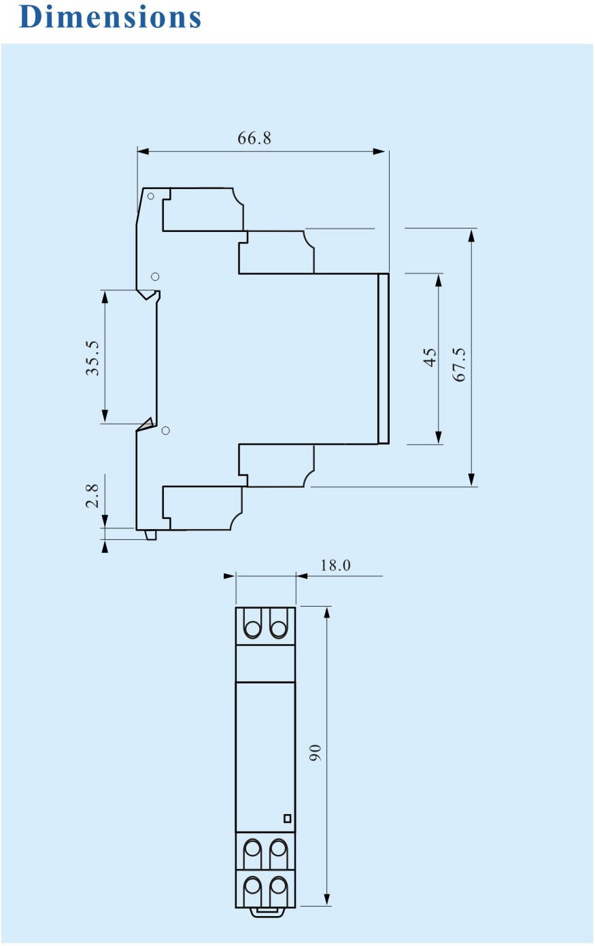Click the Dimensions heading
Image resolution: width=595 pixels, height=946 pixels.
pyautogui.click(x=110, y=17)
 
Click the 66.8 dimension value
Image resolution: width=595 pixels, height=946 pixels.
pyautogui.click(x=254, y=138)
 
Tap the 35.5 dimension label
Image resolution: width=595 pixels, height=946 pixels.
pyautogui.click(x=92, y=358)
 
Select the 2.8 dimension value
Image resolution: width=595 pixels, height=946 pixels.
pyautogui.click(x=92, y=496)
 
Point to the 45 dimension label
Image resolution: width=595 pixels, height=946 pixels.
pyautogui.click(x=430, y=357)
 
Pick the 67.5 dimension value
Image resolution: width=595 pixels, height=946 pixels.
pyautogui.click(x=460, y=365)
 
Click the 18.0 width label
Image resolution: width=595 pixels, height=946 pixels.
pyautogui.click(x=335, y=565)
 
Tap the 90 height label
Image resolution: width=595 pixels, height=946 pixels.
pyautogui.click(x=315, y=753)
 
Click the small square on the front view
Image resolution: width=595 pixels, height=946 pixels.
pyautogui.click(x=287, y=818)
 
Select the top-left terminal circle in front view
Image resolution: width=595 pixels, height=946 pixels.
pyautogui.click(x=252, y=629)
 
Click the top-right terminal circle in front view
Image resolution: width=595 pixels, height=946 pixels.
pyautogui.click(x=278, y=629)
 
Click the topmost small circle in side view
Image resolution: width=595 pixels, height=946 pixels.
pyautogui.click(x=151, y=197)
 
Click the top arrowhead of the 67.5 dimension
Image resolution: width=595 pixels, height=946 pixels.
pyautogui.click(x=472, y=236)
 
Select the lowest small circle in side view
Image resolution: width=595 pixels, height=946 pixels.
pyautogui.click(x=166, y=430)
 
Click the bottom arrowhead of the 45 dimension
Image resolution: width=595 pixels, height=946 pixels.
pyautogui.click(x=439, y=437)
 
